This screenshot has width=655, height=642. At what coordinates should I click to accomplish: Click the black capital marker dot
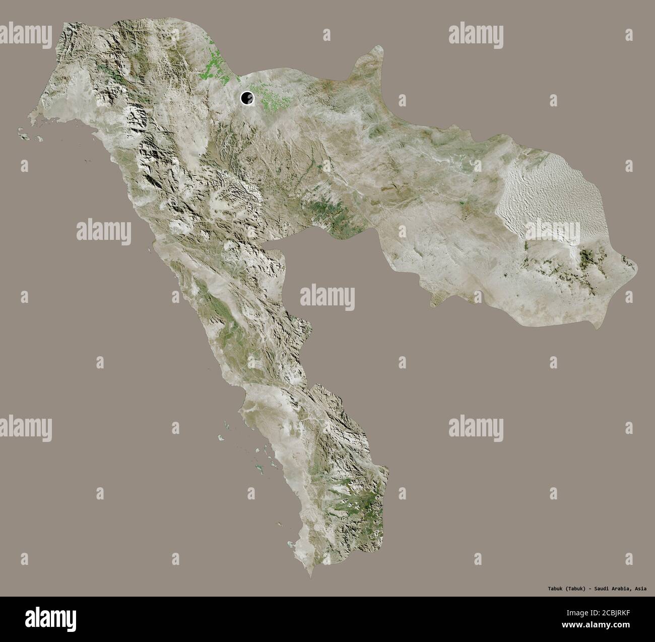247,97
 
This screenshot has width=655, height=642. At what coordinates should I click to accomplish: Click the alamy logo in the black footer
48,618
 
